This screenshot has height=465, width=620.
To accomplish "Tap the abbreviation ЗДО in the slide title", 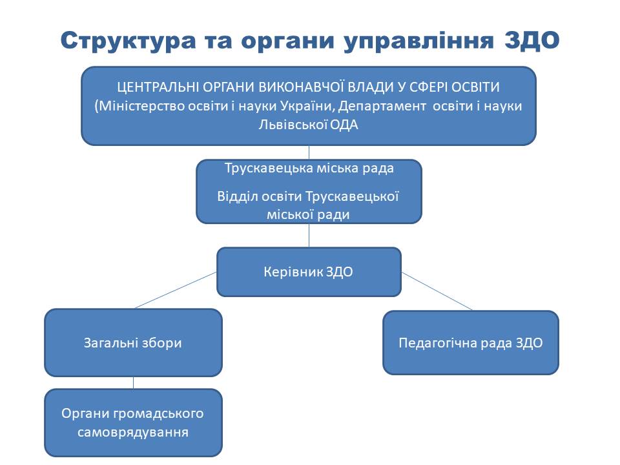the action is [532, 40].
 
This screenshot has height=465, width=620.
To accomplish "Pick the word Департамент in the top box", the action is [382, 106].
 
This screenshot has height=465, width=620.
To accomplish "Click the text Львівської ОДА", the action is [309, 125].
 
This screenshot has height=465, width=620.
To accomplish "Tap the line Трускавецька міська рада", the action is [309, 168].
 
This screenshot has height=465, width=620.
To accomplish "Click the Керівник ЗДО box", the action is [309, 272].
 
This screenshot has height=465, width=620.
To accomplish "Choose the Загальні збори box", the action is [133, 343].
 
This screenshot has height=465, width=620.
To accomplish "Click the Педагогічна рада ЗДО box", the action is [471, 343].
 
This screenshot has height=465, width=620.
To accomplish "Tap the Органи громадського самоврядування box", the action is [133, 422].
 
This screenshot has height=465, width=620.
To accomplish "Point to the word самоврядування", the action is [133, 432].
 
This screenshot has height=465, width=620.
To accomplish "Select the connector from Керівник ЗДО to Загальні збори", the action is [176, 290].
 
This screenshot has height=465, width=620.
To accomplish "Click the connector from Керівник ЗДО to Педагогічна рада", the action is [437, 291].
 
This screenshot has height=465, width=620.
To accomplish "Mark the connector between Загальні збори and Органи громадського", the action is [133, 383].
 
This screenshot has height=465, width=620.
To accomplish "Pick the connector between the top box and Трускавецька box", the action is [309, 152].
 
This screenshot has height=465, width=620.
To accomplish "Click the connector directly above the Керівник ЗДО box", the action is [309, 236].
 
